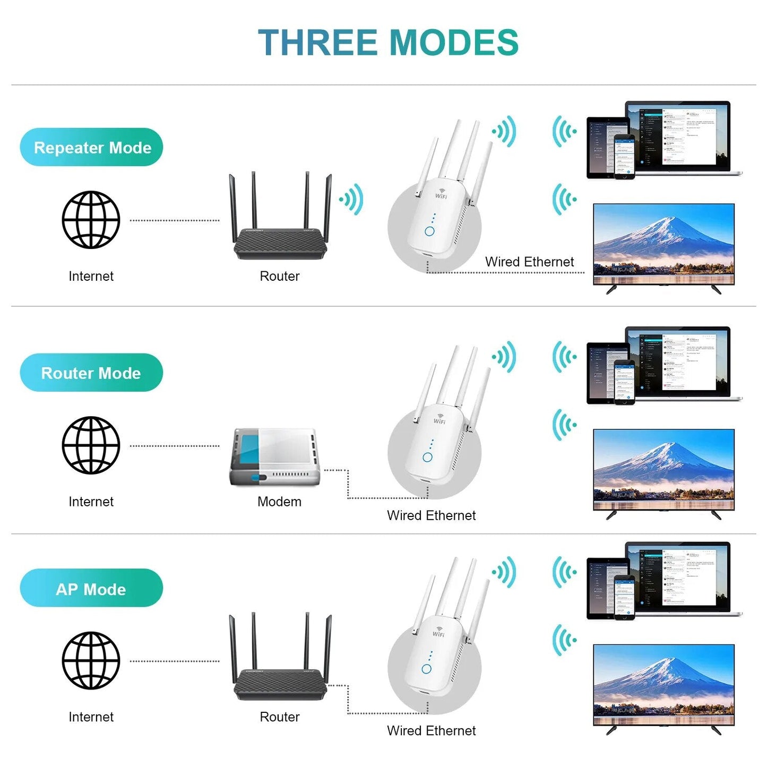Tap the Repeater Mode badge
pyautogui.click(x=92, y=148)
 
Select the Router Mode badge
pyautogui.click(x=91, y=373)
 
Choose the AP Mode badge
pyautogui.click(x=91, y=589)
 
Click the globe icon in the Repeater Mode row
pyautogui.click(x=91, y=220)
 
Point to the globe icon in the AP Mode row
pyautogui.click(x=91, y=660)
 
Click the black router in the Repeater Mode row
pyautogui.click(x=280, y=242)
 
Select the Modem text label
pyautogui.click(x=279, y=502)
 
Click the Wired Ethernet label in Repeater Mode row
pyautogui.click(x=529, y=262)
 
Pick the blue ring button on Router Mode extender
pyautogui.click(x=427, y=457)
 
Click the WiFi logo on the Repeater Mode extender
pyautogui.click(x=441, y=194)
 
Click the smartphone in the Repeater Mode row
pyautogui.click(x=624, y=158)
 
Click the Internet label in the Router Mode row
pyautogui.click(x=91, y=502)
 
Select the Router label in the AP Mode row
pyautogui.click(x=280, y=717)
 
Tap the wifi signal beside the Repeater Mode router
pyautogui.click(x=352, y=200)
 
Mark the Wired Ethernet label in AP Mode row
pyautogui.click(x=431, y=730)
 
